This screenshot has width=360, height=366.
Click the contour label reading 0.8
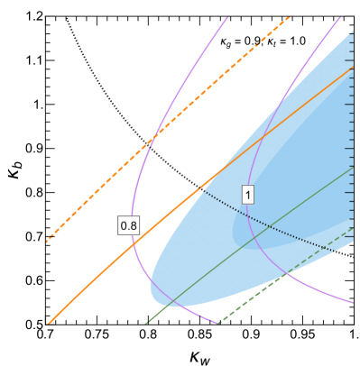click(129, 225)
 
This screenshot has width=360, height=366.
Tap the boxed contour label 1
click(247, 194)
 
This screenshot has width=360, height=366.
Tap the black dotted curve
click(271, 226)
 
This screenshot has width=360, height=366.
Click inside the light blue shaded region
click(271, 162)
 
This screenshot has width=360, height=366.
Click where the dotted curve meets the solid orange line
click(200, 188)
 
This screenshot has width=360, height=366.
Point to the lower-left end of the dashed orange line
click(47, 242)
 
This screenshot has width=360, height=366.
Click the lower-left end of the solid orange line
click(48, 322)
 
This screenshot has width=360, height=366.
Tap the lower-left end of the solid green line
click(145, 322)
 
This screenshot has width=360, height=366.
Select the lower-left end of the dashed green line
click(219, 322)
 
